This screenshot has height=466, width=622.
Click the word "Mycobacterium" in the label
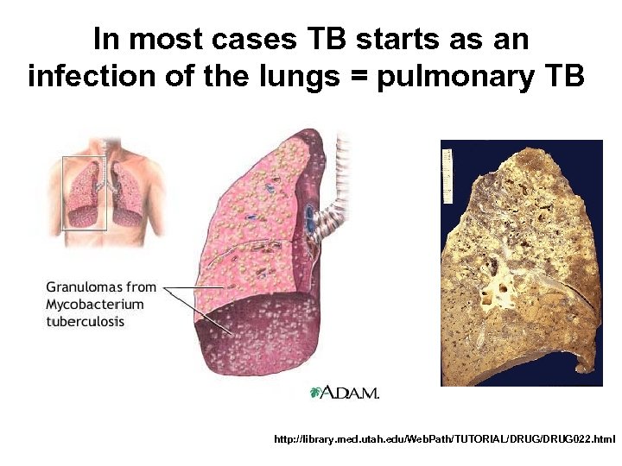point(95,305)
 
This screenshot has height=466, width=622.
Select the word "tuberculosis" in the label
point(86,322)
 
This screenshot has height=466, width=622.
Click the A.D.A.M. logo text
point(351,394)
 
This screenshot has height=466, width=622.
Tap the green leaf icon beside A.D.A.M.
point(316,393)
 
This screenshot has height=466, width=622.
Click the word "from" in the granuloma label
point(141,287)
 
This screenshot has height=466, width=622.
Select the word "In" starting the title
point(105,41)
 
